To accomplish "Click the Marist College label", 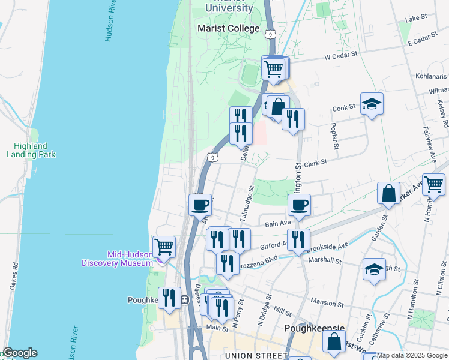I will pos(229,28).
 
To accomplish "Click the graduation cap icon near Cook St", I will pos(372,104).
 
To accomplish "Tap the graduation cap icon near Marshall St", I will pos(374,270).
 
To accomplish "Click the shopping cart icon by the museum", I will pos(164,246).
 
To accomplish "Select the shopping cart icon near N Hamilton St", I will pos(433,184).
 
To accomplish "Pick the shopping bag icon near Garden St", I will pos(388,194).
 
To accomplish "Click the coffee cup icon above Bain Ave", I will pos(299,206).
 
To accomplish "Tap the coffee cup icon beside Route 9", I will pos(200,205).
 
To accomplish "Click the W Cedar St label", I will pos(341,54).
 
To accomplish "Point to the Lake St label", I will pos(415,19).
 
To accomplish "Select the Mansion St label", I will pos(326,303).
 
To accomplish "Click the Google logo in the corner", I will pos(19,353).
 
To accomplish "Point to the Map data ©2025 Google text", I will pos(412,355).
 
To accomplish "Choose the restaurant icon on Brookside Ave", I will pos(298,239).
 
